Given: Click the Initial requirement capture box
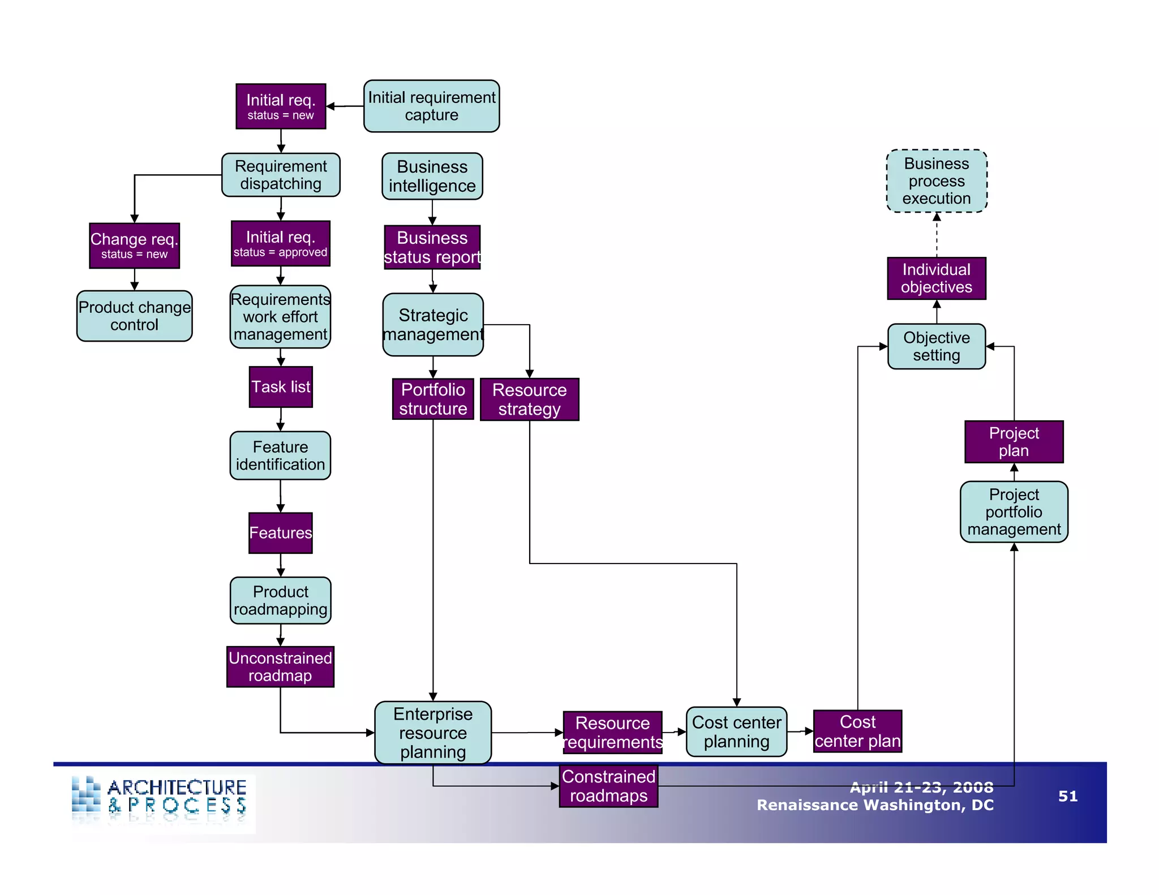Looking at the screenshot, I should pyautogui.click(x=431, y=106).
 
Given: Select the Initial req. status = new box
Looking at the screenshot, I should pyautogui.click(x=281, y=106).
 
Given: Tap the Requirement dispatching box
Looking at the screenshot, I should pyautogui.click(x=281, y=175).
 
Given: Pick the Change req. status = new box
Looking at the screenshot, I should pyautogui.click(x=134, y=246).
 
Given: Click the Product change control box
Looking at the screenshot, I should pyautogui.click(x=134, y=316).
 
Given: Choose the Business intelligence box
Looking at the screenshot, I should pyautogui.click(x=432, y=176).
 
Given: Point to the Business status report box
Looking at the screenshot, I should pyautogui.click(x=432, y=247).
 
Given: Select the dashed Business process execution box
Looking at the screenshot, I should pyautogui.click(x=936, y=181).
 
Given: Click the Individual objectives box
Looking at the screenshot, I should pyautogui.click(x=936, y=278).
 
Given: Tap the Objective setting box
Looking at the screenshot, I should pyautogui.click(x=936, y=346).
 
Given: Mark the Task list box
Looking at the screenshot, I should pyautogui.click(x=281, y=387).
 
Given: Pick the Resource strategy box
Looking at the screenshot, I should pyautogui.click(x=529, y=399).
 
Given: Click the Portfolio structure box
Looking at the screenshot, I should pyautogui.click(x=433, y=399).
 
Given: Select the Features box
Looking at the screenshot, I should pyautogui.click(x=281, y=533).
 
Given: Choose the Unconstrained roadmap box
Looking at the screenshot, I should pyautogui.click(x=280, y=667).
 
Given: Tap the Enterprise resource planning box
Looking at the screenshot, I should pyautogui.click(x=433, y=733).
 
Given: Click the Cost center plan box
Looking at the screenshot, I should pyautogui.click(x=857, y=732).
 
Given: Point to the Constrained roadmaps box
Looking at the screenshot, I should pyautogui.click(x=608, y=786).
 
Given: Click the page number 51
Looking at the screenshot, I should pyautogui.click(x=1067, y=797).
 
